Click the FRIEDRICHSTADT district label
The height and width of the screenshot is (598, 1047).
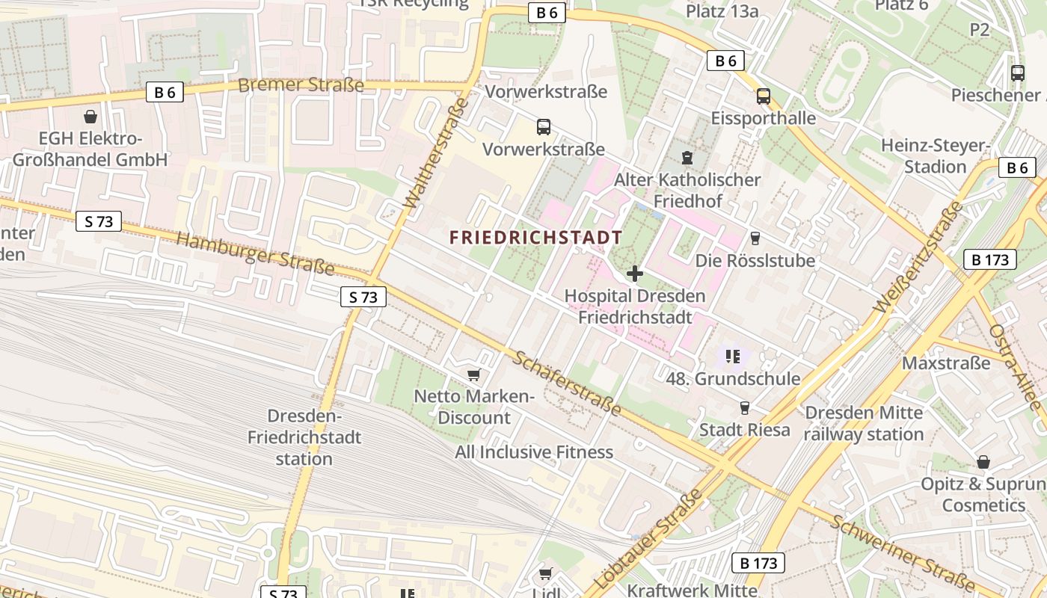coord(535,238)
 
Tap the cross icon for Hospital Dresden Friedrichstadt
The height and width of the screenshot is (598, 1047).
coord(634,274)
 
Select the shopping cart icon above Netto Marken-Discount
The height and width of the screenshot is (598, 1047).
coord(473,374)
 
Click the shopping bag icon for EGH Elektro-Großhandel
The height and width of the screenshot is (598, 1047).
coord(90,117)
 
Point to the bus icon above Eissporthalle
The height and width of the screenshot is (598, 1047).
coord(763,96)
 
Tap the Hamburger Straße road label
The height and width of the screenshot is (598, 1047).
coord(255,253)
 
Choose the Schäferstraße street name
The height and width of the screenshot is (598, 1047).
coord(566,383)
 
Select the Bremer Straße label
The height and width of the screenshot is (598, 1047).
coord(301,84)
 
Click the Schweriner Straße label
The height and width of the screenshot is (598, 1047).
coord(900,552)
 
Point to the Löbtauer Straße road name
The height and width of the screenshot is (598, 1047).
coord(648,540)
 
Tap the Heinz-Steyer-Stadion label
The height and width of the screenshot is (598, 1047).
coord(935,155)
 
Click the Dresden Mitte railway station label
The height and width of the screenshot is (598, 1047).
coord(864,423)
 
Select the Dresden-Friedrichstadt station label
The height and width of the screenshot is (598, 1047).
coord(304,437)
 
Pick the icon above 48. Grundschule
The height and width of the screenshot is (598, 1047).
coord(733,357)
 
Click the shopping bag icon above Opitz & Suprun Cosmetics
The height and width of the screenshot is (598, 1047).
coord(983,463)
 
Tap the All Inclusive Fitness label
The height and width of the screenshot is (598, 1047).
coord(534,451)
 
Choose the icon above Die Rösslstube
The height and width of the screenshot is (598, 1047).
coord(755,238)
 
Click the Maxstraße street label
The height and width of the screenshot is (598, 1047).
coord(946,363)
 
